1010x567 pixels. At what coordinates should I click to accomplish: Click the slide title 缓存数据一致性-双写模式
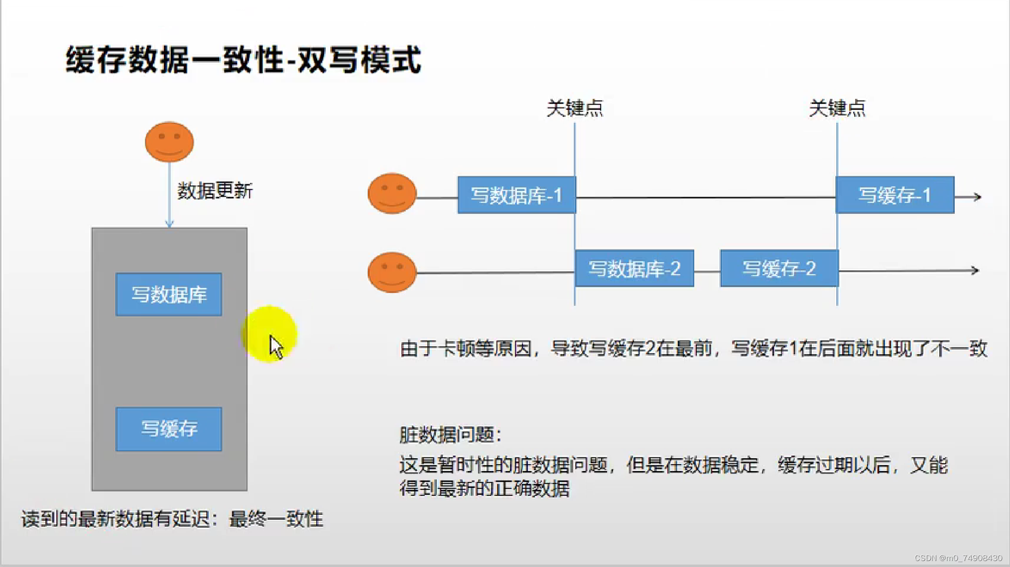(243, 60)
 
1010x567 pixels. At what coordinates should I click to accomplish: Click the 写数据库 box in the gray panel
(169, 294)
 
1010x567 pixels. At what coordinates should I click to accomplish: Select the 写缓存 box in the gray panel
(169, 429)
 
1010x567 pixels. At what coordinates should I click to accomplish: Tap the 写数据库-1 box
(516, 195)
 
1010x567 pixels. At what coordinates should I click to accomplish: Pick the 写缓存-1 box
(894, 195)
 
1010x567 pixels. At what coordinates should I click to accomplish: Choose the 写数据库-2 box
(634, 269)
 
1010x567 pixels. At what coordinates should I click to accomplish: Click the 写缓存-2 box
(779, 269)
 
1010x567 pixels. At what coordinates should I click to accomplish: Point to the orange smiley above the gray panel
(169, 142)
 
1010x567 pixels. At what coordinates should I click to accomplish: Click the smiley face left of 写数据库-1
(392, 193)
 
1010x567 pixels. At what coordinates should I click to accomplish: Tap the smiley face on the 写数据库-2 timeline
(392, 272)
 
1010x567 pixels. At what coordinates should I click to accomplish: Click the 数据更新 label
(215, 191)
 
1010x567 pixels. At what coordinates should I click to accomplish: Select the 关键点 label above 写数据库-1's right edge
(575, 108)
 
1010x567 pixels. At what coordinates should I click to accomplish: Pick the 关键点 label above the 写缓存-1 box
(837, 108)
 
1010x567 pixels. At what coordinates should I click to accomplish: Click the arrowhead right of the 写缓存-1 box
(978, 197)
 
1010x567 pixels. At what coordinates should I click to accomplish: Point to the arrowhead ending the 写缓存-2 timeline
(976, 271)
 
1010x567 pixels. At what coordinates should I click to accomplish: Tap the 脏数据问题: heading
(450, 435)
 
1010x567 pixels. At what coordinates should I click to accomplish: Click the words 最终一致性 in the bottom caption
(276, 519)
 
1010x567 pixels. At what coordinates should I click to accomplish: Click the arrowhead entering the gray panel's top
(169, 225)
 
